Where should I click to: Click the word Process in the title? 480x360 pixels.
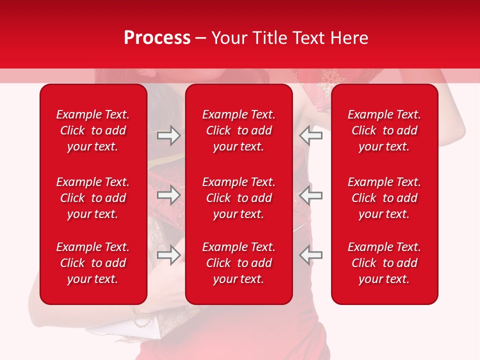pyautogui.click(x=157, y=38)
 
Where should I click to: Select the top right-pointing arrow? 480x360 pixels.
pyautogui.click(x=168, y=135)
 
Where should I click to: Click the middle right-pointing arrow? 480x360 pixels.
pyautogui.click(x=168, y=195)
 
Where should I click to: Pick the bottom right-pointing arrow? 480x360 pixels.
pyautogui.click(x=168, y=254)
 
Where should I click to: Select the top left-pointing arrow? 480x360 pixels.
pyautogui.click(x=311, y=135)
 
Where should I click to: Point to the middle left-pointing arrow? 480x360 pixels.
pyautogui.click(x=311, y=195)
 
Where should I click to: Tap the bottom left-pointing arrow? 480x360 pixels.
pyautogui.click(x=311, y=254)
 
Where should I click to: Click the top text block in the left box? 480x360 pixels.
pyautogui.click(x=93, y=130)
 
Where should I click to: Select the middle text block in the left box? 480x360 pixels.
pyautogui.click(x=93, y=198)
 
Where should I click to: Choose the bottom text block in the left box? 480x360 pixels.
pyautogui.click(x=93, y=263)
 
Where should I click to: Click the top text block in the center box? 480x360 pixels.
pyautogui.click(x=238, y=130)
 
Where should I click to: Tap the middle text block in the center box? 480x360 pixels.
pyautogui.click(x=238, y=198)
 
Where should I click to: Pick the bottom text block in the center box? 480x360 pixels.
pyautogui.click(x=238, y=263)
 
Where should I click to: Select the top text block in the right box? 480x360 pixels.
pyautogui.click(x=384, y=130)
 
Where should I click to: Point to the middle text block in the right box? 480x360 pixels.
pyautogui.click(x=384, y=198)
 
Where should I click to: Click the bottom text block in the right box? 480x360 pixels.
pyautogui.click(x=384, y=263)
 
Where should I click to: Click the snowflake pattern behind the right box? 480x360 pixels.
pyautogui.click(x=329, y=80)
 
